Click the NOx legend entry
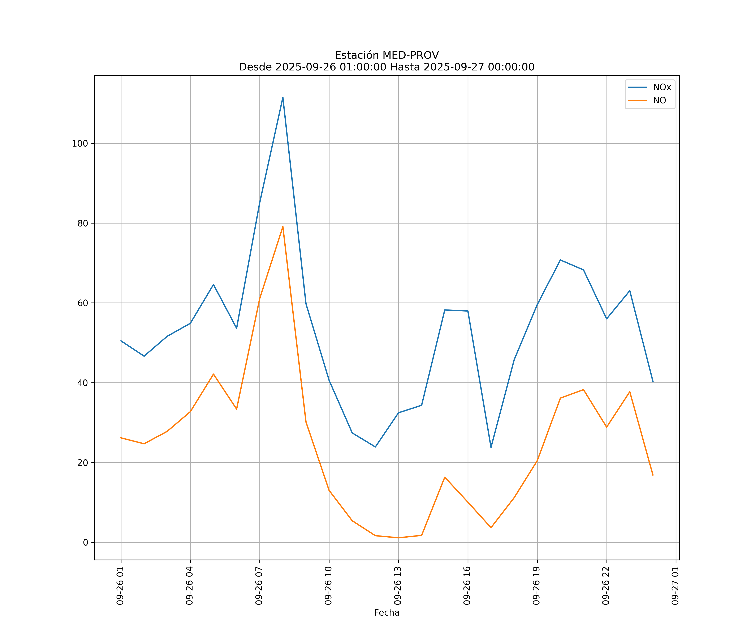(661, 87)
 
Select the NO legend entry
(659, 101)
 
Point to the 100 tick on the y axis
(80, 143)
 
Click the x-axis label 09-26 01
(120, 586)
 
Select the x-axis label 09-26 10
(328, 586)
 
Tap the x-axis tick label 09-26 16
(467, 586)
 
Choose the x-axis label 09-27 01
(675, 586)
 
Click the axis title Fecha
(387, 612)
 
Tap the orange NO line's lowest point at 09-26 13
(398, 538)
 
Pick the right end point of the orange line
(653, 475)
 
